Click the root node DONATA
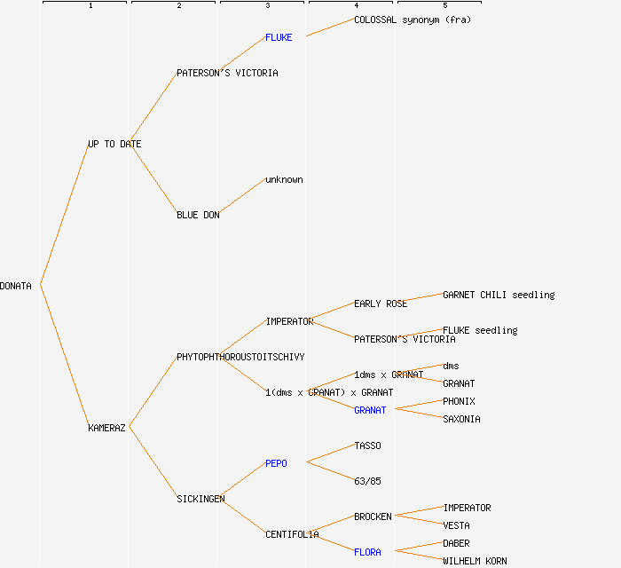pyautogui.click(x=16, y=286)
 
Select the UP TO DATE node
pyautogui.click(x=114, y=144)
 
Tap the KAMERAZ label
pyautogui.click(x=106, y=428)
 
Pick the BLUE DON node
pyautogui.click(x=198, y=215)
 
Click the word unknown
pyautogui.click(x=284, y=179)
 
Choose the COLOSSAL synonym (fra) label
pyautogui.click(x=413, y=20)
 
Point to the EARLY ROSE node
pyautogui.click(x=381, y=304)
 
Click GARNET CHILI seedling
pyautogui.click(x=499, y=295)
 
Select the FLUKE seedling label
pyautogui.click(x=480, y=330)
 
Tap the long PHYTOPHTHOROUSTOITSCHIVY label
pyautogui.click(x=240, y=357)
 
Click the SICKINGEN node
pyautogui.click(x=200, y=499)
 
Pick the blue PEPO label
pyautogui.click(x=276, y=463)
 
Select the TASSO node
pyautogui.click(x=367, y=446)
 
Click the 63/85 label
pyautogui.click(x=367, y=481)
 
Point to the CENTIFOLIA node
pyautogui.click(x=292, y=534)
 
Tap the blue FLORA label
pyautogui.click(x=367, y=552)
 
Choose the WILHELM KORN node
pyautogui.click(x=475, y=561)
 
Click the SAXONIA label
pyautogui.click(x=461, y=419)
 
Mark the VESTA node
pyautogui.click(x=456, y=525)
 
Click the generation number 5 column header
pyautogui.click(x=445, y=6)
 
